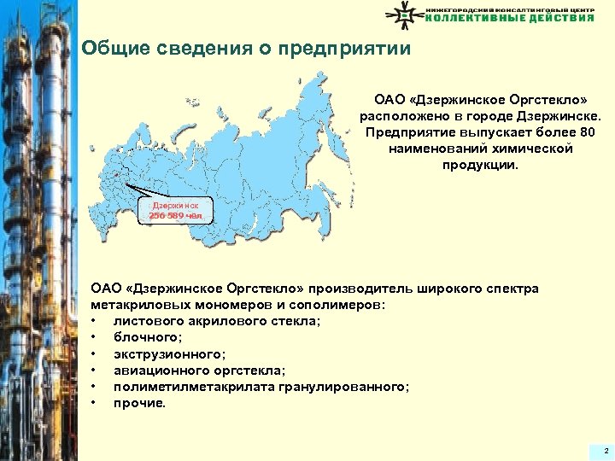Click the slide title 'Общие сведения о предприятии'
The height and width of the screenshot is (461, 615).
[x=246, y=49]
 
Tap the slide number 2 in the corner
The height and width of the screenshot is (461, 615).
[x=605, y=450]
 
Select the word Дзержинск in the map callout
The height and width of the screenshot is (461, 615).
[x=174, y=206]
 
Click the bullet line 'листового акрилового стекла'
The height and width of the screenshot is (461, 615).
[x=217, y=321]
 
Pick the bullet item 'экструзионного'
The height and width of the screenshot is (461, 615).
[x=169, y=353]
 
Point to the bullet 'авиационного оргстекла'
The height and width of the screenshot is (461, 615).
[x=199, y=371]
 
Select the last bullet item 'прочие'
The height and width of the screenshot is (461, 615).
[x=140, y=403]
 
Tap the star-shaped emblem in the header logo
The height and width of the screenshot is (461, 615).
[x=404, y=14]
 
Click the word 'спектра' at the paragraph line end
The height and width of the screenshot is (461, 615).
[x=512, y=289]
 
